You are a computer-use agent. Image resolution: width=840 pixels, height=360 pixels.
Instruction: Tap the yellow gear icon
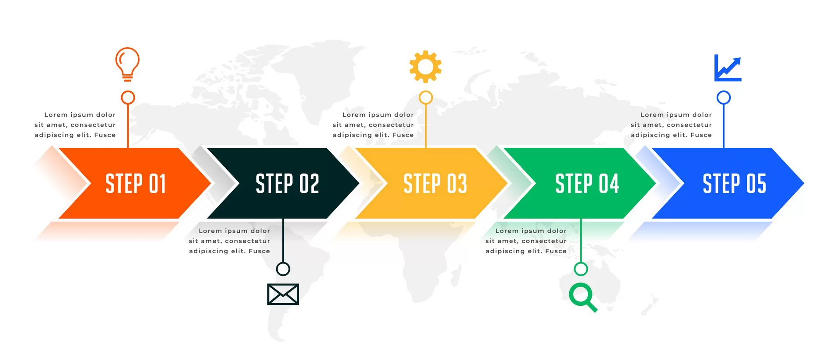point(425,66)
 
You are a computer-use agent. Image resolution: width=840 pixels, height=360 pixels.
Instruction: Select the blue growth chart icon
point(728,68)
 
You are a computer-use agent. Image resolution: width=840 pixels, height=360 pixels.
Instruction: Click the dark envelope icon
point(283,294)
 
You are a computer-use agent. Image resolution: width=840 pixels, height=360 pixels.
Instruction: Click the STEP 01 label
point(136,184)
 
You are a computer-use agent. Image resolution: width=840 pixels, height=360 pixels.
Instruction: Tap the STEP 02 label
point(287,184)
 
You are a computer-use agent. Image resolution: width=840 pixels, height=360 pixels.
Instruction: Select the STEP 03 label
point(435,184)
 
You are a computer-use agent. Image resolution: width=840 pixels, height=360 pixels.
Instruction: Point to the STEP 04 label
point(587,184)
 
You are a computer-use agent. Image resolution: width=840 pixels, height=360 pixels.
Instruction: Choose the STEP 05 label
point(735,184)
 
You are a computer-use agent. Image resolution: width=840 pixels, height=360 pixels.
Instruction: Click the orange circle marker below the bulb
point(128,98)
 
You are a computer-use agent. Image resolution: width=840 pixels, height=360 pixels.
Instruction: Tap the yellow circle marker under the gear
point(426,98)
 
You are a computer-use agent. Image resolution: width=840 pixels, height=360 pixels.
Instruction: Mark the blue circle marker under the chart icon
point(724,98)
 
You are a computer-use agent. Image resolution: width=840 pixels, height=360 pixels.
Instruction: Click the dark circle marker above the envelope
point(283,269)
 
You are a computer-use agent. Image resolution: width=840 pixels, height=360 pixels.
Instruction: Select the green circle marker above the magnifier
point(581,269)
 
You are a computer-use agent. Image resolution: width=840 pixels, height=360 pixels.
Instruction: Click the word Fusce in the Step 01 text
point(105,135)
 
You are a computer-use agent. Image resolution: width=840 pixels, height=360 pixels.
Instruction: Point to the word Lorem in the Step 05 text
point(652,115)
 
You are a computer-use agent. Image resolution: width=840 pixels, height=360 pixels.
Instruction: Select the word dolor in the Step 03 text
point(404,115)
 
